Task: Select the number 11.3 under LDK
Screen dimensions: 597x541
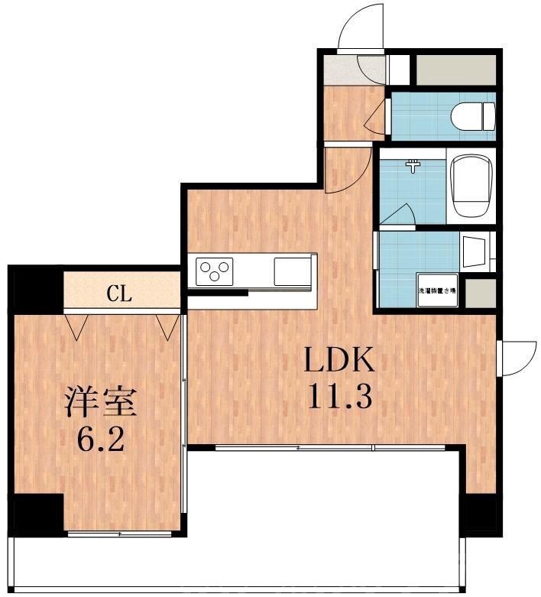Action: pyautogui.click(x=339, y=396)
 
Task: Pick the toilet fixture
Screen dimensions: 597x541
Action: pyautogui.click(x=471, y=117)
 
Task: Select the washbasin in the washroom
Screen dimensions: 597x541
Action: pyautogui.click(x=473, y=251)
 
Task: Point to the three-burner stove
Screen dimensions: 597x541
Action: pyautogui.click(x=215, y=271)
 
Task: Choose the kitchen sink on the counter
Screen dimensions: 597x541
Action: pyautogui.click(x=293, y=271)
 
